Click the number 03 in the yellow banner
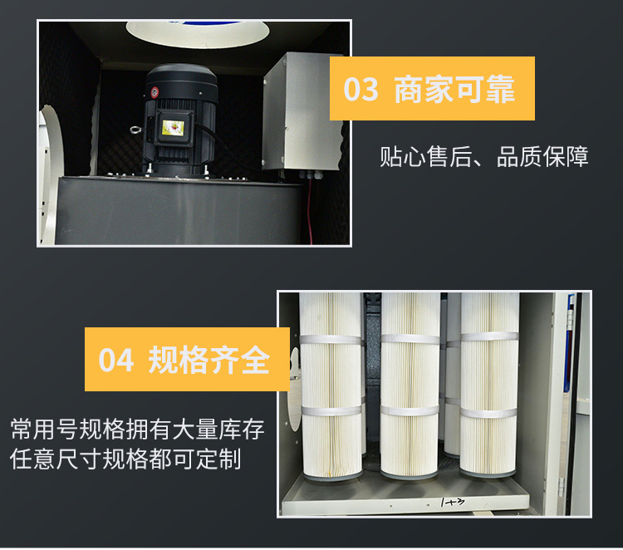(361, 89)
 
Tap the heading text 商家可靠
(454, 89)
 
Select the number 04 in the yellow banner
(115, 360)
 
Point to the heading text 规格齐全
(209, 360)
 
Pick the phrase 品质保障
(542, 156)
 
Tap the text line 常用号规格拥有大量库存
(137, 430)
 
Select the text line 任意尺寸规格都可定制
(125, 459)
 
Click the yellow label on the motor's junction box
(173, 128)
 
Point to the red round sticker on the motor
(155, 91)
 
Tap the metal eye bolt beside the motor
(136, 130)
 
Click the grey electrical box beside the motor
(302, 112)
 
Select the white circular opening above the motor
(198, 33)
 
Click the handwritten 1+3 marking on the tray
(452, 503)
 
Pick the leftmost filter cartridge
(331, 385)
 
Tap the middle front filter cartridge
(410, 385)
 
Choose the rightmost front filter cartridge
(489, 385)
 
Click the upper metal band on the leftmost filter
(331, 340)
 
